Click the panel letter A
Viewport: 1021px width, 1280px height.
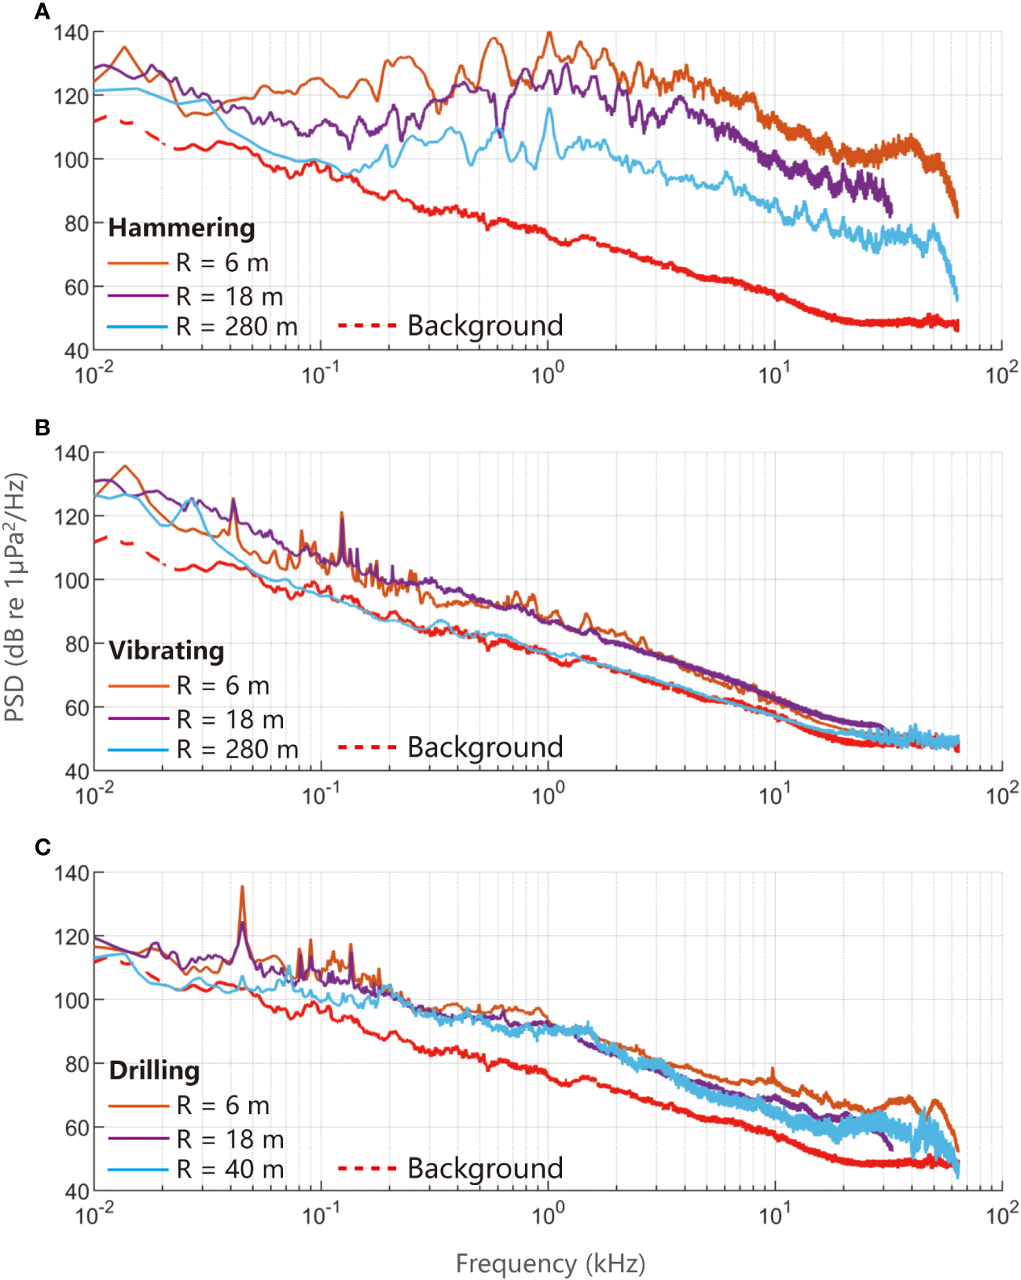(x=42, y=11)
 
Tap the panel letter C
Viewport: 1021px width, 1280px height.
(x=42, y=847)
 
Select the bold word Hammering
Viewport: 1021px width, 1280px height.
(x=182, y=228)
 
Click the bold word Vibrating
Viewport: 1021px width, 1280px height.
(x=167, y=651)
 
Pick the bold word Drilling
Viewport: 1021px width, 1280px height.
(x=154, y=1070)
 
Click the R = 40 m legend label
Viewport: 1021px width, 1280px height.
(x=230, y=1169)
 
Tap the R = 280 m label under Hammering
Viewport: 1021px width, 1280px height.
(x=237, y=327)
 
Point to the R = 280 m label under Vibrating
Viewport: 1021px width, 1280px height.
(x=237, y=750)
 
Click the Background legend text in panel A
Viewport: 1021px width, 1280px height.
(x=485, y=325)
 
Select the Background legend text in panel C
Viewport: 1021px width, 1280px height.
(x=485, y=1168)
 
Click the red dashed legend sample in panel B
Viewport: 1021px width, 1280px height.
(x=366, y=746)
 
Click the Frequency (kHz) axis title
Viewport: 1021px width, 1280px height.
(x=550, y=1263)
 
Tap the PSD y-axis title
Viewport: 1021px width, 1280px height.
(x=16, y=597)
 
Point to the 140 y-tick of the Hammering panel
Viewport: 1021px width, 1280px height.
(x=72, y=33)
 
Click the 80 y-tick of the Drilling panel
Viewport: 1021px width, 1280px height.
(x=77, y=1064)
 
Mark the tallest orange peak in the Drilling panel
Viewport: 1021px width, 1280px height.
(x=242, y=888)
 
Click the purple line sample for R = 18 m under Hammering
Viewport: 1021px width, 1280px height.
(x=138, y=295)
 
